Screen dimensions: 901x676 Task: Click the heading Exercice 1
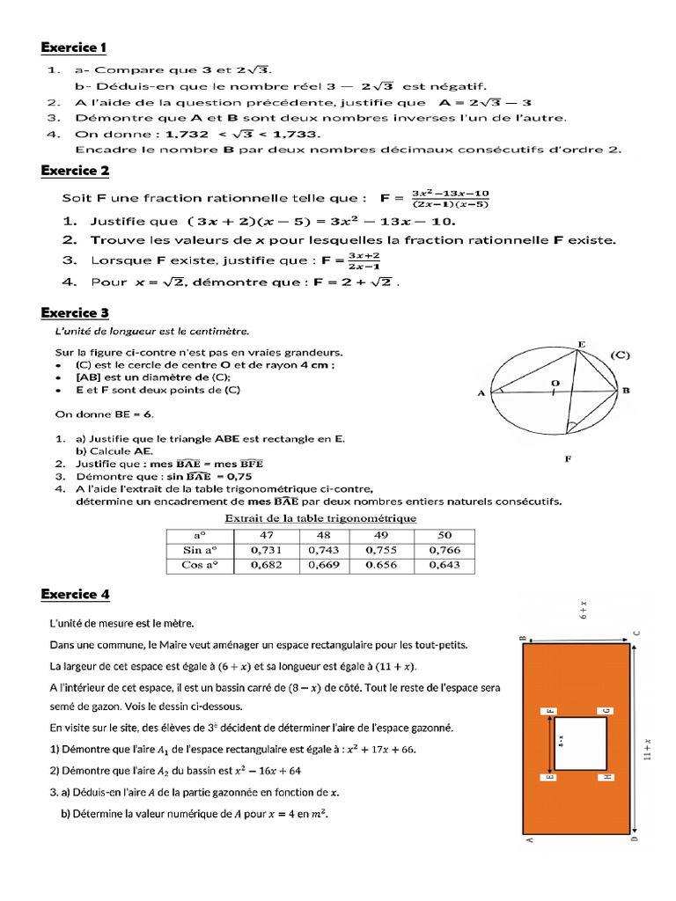click(74, 47)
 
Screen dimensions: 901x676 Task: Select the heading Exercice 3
click(75, 312)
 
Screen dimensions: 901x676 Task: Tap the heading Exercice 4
click(75, 594)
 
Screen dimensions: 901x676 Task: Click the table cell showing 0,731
click(266, 550)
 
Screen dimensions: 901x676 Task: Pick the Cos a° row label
click(199, 565)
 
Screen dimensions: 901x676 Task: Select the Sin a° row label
click(199, 550)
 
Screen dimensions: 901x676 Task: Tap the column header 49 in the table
click(381, 535)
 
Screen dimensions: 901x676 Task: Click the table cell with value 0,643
click(444, 565)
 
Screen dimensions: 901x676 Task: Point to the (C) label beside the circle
click(621, 355)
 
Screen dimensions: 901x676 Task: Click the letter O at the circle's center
click(555, 383)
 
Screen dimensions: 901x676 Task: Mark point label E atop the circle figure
click(581, 343)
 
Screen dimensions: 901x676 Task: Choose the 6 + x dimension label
click(583, 612)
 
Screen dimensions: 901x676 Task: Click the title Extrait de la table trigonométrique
click(320, 518)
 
